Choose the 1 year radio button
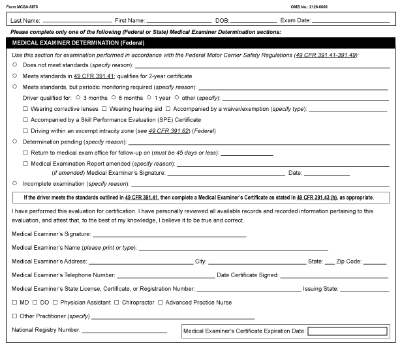(x=149, y=97)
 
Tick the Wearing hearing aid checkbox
(x=104, y=108)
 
